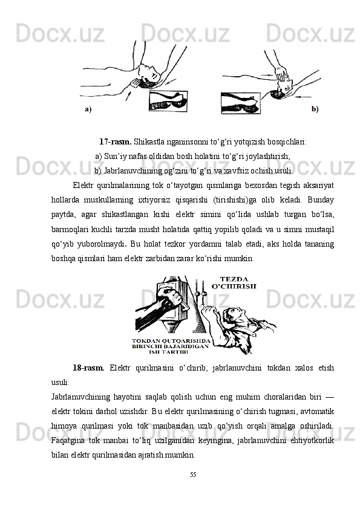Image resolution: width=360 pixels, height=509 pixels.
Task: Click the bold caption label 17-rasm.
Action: coord(116,142)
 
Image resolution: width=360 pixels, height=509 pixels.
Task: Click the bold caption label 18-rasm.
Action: coord(88,368)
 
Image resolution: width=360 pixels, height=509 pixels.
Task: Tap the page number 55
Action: coord(193,475)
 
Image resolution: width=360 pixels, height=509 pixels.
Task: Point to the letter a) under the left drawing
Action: coord(88,109)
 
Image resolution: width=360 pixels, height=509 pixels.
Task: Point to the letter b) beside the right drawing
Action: coord(315,109)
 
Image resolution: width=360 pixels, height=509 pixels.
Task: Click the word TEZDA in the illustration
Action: coord(234,279)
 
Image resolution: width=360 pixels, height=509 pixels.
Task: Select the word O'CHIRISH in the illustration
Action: coord(234,287)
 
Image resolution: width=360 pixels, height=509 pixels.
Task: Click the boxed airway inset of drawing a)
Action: coord(168,102)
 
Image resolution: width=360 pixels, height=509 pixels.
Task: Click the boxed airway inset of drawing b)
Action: coord(240,103)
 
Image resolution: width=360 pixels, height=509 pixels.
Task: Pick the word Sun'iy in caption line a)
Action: coord(113,156)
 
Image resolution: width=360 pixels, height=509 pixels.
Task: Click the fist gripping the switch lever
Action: coord(171,297)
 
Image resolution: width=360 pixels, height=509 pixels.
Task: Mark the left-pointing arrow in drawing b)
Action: coord(304,97)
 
